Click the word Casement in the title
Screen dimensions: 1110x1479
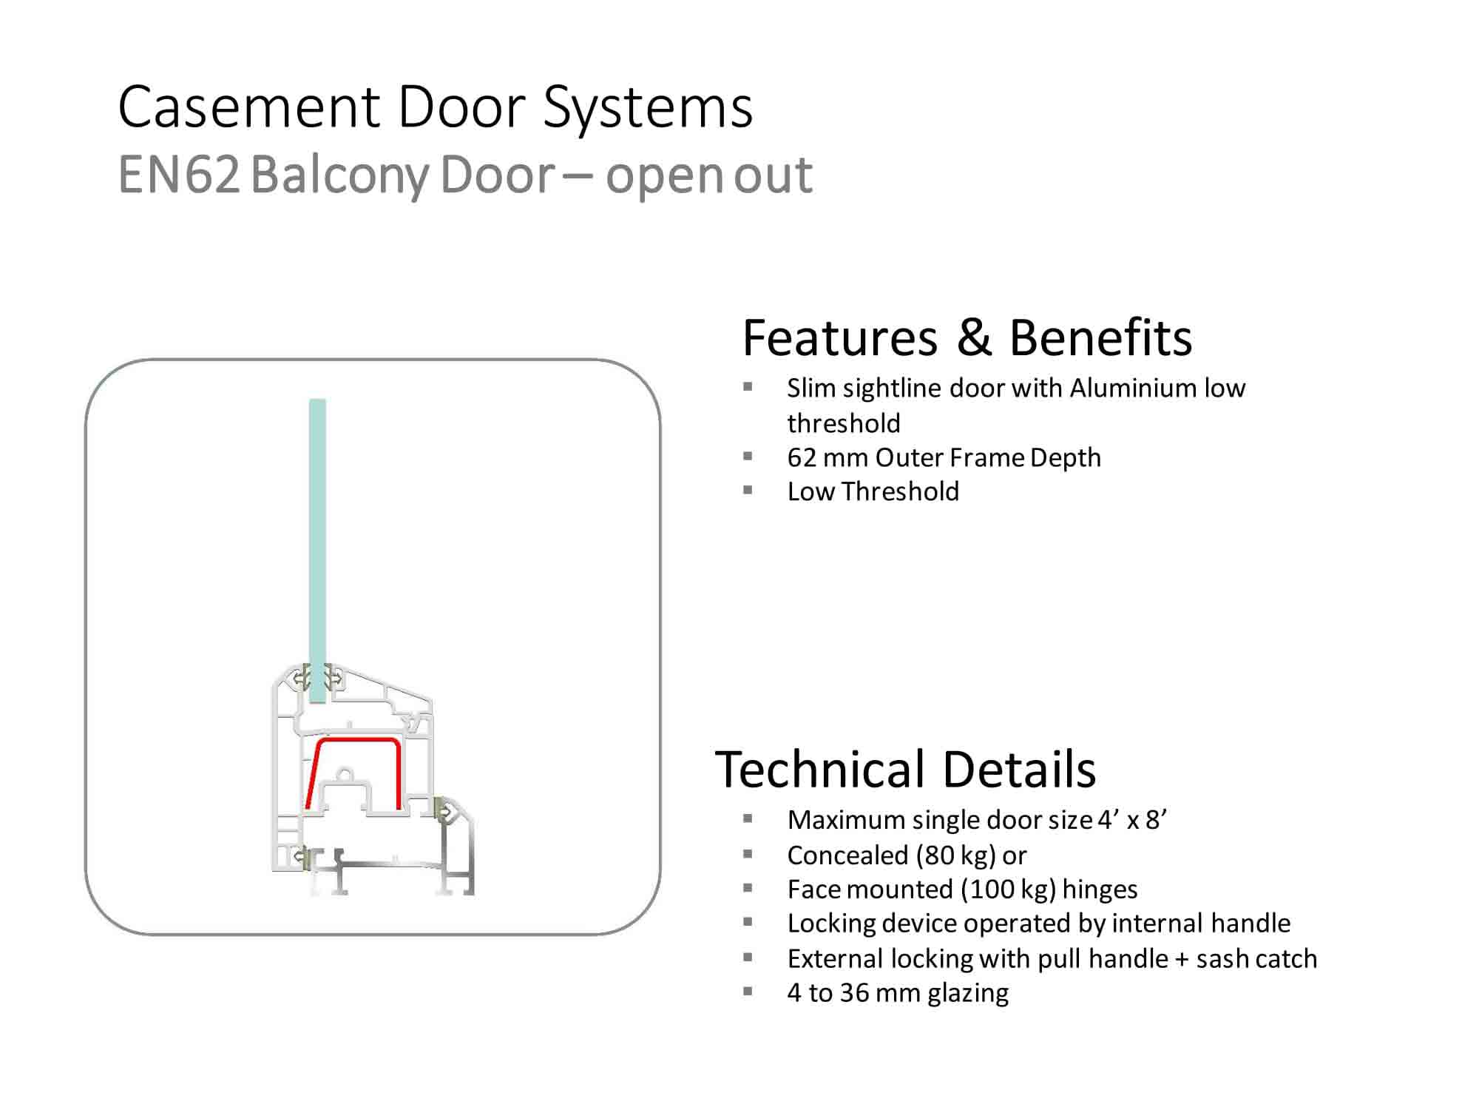[x=249, y=107]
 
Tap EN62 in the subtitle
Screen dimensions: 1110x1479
[x=179, y=175]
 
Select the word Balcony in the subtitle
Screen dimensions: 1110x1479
[x=339, y=175]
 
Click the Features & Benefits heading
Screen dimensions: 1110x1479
[x=967, y=338]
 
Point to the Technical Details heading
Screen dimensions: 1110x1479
[x=905, y=770]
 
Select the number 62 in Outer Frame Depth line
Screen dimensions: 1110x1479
[x=801, y=458]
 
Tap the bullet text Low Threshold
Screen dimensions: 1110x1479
[x=873, y=492]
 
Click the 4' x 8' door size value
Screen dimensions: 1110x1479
[x=1132, y=820]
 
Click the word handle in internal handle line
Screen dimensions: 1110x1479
[x=1256, y=924]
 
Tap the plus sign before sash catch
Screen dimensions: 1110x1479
[x=1182, y=959]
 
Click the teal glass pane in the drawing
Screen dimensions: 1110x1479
[x=317, y=533]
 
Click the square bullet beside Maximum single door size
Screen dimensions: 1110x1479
[x=748, y=818]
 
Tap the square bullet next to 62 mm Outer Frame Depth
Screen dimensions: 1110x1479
[x=748, y=457]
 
